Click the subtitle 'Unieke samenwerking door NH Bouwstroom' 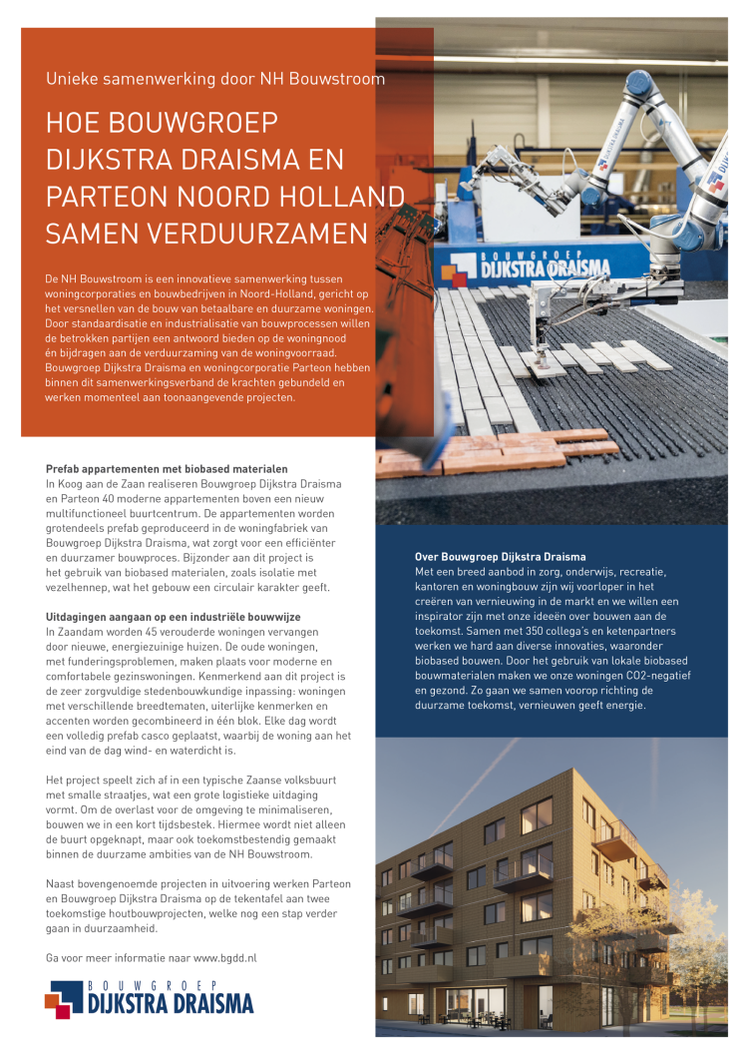click(215, 79)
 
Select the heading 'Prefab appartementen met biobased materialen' click(167, 468)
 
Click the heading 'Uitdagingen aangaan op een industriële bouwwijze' click(176, 619)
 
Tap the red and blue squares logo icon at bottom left click(64, 998)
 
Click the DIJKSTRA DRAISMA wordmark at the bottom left click(170, 1002)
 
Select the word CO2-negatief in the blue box click(658, 676)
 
